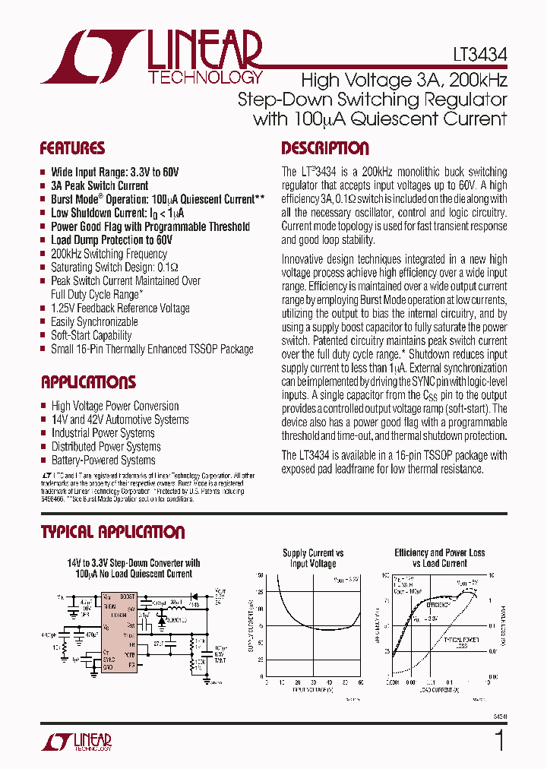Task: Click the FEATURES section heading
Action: (x=72, y=148)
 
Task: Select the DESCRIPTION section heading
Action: (x=325, y=148)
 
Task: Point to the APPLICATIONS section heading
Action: (x=88, y=382)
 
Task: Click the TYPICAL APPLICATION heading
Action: (x=112, y=532)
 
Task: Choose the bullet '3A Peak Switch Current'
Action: (x=100, y=185)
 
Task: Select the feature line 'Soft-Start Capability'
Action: (x=91, y=335)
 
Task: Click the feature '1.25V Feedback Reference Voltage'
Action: (x=120, y=309)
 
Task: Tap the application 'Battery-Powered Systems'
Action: (x=103, y=460)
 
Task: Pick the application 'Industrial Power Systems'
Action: (x=103, y=433)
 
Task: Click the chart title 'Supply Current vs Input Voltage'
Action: (x=314, y=559)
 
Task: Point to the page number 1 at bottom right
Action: (x=499, y=740)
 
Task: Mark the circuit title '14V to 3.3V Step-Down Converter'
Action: (x=133, y=563)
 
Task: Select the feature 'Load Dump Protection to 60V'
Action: (x=112, y=240)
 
